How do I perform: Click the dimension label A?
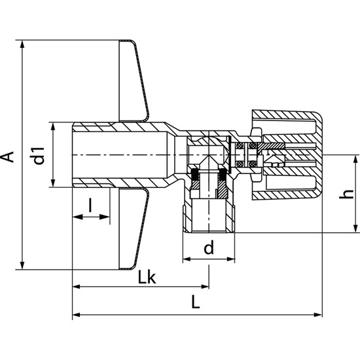(x=9, y=156)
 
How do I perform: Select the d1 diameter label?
(x=39, y=156)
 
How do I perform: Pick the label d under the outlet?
(x=208, y=248)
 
